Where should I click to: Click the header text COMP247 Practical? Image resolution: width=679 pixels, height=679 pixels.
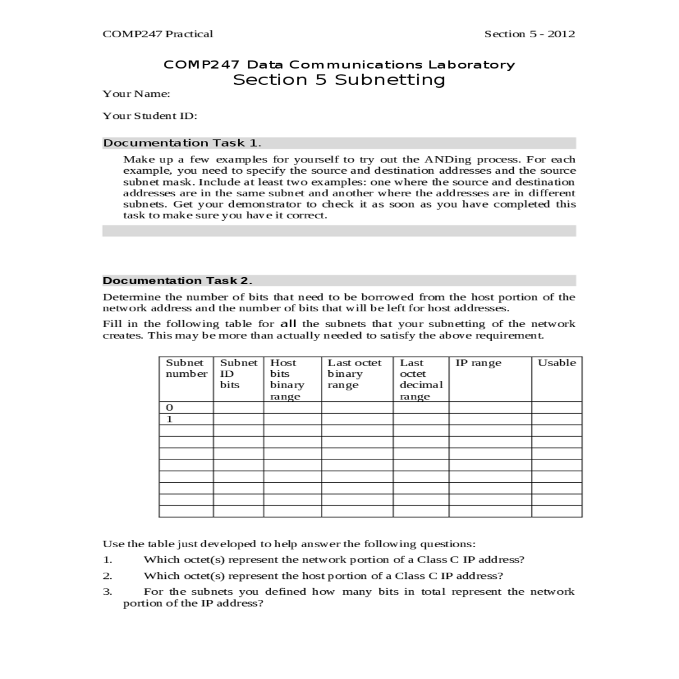pos(158,34)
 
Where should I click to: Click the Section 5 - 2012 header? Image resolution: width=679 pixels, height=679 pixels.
pos(529,34)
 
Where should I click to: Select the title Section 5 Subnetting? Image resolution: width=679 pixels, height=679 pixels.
pos(339,80)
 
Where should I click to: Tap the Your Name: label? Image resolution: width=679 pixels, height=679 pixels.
pos(136,94)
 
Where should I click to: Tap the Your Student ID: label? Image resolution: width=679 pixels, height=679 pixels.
pos(149,116)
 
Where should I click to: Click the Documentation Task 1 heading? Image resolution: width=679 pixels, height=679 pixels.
pos(182,143)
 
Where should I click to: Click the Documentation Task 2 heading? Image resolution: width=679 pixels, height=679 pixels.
pos(177,281)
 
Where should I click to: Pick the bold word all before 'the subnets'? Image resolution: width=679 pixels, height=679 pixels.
pos(288,324)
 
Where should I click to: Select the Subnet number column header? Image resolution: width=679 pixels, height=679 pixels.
pos(186,368)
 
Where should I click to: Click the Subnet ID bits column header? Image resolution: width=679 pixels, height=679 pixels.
pos(238,373)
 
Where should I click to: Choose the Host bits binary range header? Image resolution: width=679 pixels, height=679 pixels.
pos(287,379)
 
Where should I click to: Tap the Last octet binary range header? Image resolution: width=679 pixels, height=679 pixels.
pos(354,373)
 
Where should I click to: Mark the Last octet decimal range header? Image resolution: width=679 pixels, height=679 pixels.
pos(421,379)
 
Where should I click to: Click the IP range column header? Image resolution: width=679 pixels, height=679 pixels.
pos(478,363)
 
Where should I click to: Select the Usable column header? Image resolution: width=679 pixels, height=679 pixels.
pos(557,363)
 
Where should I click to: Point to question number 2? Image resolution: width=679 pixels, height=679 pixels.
pos(107,576)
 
